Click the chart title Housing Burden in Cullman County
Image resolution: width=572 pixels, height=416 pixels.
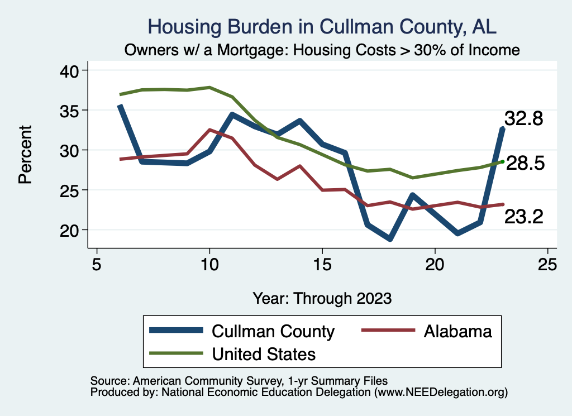pyautogui.click(x=322, y=27)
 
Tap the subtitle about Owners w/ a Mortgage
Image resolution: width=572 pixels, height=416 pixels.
pyautogui.click(x=322, y=50)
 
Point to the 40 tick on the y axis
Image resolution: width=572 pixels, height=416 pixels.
pyautogui.click(x=70, y=70)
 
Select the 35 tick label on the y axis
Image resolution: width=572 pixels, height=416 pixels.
pyautogui.click(x=70, y=110)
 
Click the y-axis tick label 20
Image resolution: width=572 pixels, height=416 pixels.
pyautogui.click(x=70, y=229)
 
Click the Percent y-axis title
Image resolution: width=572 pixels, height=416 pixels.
pyautogui.click(x=24, y=154)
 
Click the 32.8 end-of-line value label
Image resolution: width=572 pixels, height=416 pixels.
pyautogui.click(x=523, y=118)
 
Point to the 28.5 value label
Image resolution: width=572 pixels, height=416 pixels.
pyautogui.click(x=525, y=164)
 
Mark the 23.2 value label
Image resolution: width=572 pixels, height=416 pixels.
pyautogui.click(x=523, y=217)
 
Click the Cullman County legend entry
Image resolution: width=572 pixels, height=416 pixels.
pyautogui.click(x=273, y=331)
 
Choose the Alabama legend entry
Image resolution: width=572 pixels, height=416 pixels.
pyautogui.click(x=457, y=331)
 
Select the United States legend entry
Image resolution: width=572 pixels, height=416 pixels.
pyautogui.click(x=264, y=353)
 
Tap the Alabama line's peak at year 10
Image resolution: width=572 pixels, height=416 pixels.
pyautogui.click(x=209, y=130)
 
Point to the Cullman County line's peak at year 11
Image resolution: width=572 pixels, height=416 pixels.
pyautogui.click(x=232, y=114)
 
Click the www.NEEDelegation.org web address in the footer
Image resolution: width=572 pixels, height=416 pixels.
pyautogui.click(x=441, y=392)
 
